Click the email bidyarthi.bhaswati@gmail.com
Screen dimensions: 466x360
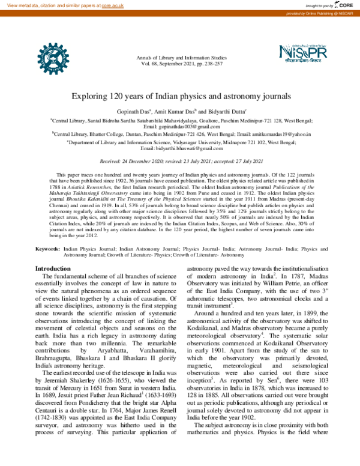pyautogui.click(x=182, y=148)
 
